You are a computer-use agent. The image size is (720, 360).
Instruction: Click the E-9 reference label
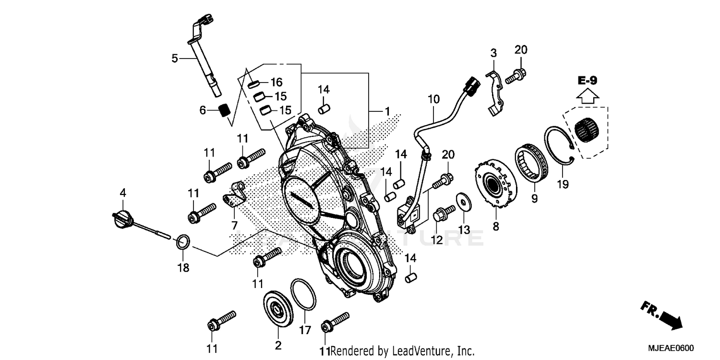pyautogui.click(x=588, y=81)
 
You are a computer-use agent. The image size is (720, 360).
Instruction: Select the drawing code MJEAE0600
pyautogui.click(x=672, y=348)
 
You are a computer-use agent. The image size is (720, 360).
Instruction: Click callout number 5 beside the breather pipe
pyautogui.click(x=175, y=59)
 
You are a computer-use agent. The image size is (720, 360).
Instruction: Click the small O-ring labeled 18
pyautogui.click(x=183, y=241)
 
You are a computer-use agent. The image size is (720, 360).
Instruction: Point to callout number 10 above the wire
pyautogui.click(x=433, y=100)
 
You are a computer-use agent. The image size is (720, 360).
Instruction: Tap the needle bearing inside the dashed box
pyautogui.click(x=588, y=129)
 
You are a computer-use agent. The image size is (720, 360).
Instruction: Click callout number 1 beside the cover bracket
pyautogui.click(x=387, y=111)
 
